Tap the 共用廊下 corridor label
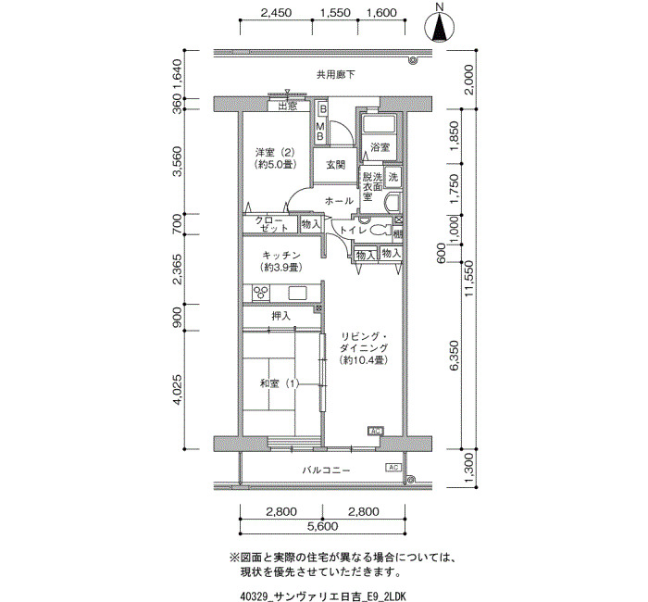[335, 75]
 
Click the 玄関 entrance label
[335, 165]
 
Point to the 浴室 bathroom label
[380, 147]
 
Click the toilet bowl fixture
[380, 231]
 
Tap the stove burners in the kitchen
[261, 293]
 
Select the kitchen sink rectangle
[297, 294]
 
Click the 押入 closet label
[281, 317]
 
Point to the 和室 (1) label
[279, 383]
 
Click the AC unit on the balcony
[393, 467]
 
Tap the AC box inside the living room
[376, 432]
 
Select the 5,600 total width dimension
[322, 527]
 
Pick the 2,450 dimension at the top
[276, 13]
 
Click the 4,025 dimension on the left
[178, 390]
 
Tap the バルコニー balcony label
[326, 470]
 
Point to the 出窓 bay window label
[288, 107]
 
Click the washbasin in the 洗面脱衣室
[393, 202]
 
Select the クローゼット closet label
[270, 224]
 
